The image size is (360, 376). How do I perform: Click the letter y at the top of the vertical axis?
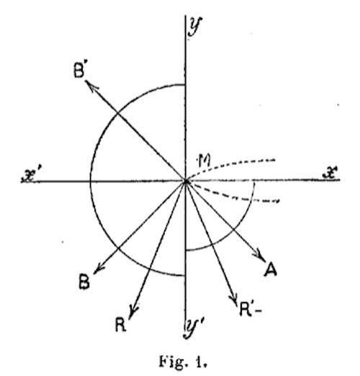195,27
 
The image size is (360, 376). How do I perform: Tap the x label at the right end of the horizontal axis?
330,172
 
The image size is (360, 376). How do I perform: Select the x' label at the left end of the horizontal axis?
30,176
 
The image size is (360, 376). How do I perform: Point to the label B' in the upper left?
80,71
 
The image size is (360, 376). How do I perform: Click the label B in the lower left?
84,282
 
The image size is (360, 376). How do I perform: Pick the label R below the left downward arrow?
120,324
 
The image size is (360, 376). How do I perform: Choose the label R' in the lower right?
248,310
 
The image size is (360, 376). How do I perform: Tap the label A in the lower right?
271,269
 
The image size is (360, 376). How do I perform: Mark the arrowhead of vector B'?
91,86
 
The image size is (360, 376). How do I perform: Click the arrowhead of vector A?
260,256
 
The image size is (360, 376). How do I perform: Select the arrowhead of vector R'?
234,298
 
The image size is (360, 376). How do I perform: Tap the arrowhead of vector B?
98,269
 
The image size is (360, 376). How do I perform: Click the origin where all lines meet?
186,182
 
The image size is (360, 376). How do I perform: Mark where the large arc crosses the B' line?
117,112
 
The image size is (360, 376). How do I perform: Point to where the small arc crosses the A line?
233,230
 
